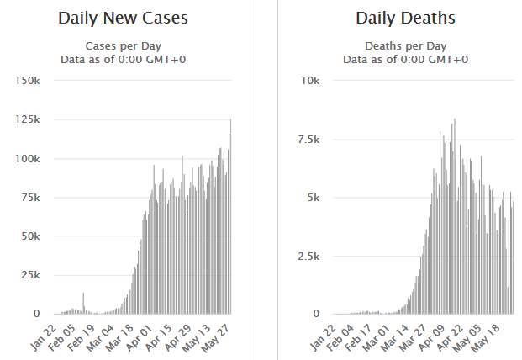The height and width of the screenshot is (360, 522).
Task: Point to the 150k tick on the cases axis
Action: click(x=28, y=81)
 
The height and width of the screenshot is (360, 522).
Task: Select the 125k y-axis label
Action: click(x=28, y=119)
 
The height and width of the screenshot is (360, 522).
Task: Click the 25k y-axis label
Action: click(x=31, y=275)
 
